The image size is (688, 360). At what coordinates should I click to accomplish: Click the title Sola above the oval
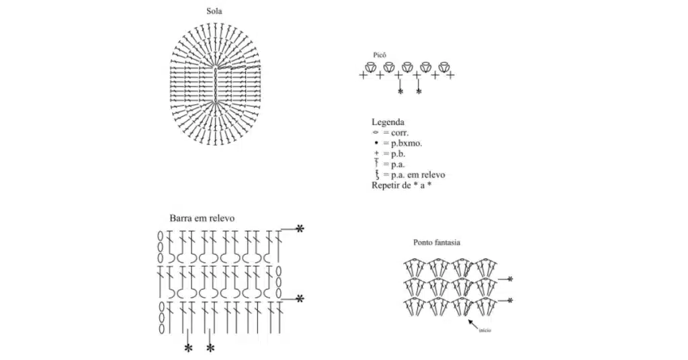215,11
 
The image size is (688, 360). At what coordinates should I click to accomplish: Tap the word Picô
379,55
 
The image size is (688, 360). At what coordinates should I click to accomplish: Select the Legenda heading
388,122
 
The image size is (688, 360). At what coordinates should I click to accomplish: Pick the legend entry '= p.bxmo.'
402,143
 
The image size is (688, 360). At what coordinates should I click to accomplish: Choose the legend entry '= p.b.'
395,154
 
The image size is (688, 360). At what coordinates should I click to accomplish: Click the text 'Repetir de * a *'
401,185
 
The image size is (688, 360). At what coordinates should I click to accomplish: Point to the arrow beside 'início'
473,324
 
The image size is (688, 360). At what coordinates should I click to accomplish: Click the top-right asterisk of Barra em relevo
300,229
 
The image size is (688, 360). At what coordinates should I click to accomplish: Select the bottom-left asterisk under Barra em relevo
188,348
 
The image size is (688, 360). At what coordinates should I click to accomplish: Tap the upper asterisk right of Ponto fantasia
511,279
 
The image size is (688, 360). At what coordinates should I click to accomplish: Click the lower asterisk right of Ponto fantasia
511,300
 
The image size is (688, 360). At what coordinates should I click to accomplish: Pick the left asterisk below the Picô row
400,91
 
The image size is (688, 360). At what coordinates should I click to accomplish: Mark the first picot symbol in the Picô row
370,66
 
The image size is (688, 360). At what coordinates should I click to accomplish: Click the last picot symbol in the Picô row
443,66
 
